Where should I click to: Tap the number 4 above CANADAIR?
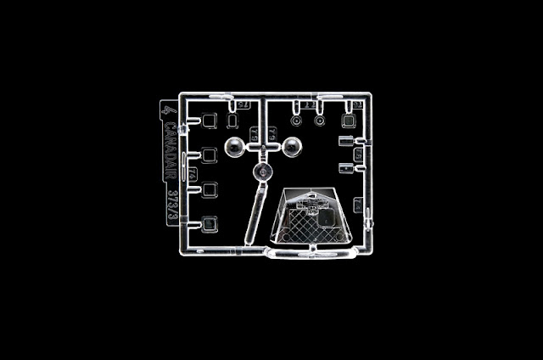(169, 112)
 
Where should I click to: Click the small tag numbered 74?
(194, 174)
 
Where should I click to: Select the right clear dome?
(294, 147)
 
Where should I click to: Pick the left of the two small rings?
(295, 120)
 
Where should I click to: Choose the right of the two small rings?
(319, 120)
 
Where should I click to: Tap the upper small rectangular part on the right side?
(345, 139)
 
